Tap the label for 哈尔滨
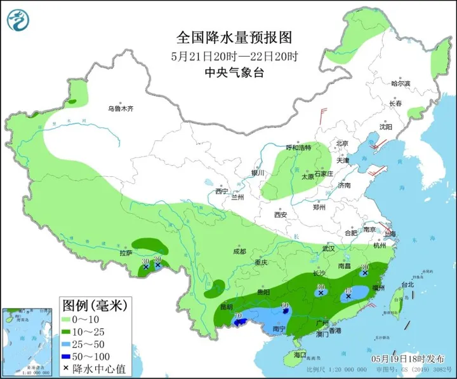tap(401, 84)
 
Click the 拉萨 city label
tap(126, 252)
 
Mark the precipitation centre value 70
tap(239, 316)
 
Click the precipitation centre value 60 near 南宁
tap(285, 305)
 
